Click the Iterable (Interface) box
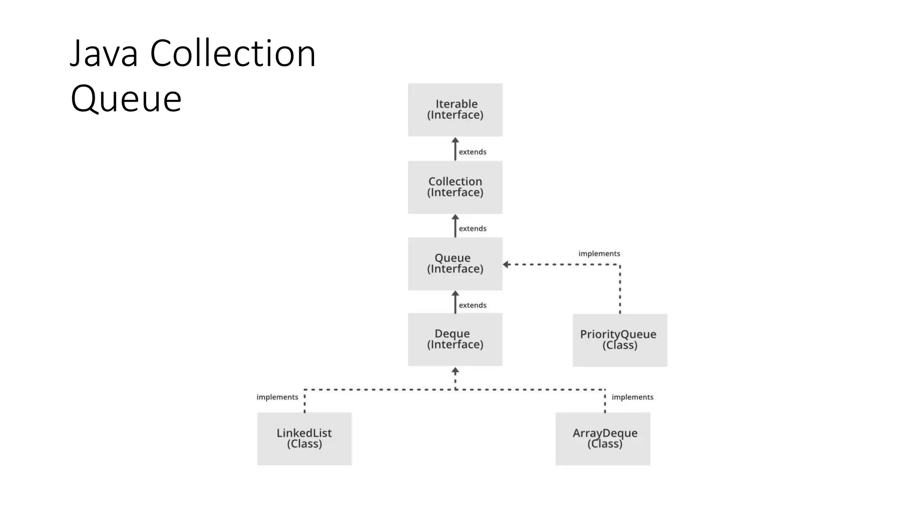pyautogui.click(x=455, y=109)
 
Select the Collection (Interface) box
pyautogui.click(x=455, y=187)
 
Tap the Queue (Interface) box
pyautogui.click(x=455, y=263)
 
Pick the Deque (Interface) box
pyautogui.click(x=455, y=339)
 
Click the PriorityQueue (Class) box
pyautogui.click(x=620, y=340)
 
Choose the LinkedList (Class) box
pyautogui.click(x=304, y=439)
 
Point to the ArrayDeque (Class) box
pyautogui.click(x=603, y=439)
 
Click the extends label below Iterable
pyautogui.click(x=472, y=152)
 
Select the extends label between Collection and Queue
pyautogui.click(x=472, y=228)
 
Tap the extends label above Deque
pyautogui.click(x=472, y=305)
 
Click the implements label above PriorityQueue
pyautogui.click(x=599, y=253)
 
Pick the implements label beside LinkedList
pyautogui.click(x=277, y=397)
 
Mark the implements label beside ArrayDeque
pyautogui.click(x=632, y=397)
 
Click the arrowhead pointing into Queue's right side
pyautogui.click(x=507, y=265)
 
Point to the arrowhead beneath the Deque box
pyautogui.click(x=455, y=371)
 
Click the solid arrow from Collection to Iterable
pyautogui.click(x=455, y=149)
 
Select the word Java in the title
pyautogui.click(x=104, y=54)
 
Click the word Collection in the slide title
pyautogui.click(x=233, y=54)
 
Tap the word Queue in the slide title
pyautogui.click(x=126, y=99)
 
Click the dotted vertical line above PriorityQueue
pyautogui.click(x=620, y=290)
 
